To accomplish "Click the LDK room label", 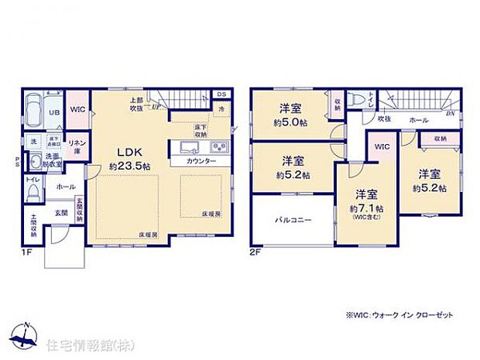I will point(128,153).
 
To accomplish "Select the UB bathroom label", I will point(55,113).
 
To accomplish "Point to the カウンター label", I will point(201,163).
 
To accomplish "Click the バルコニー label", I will point(293,220).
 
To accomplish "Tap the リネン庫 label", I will point(77,146).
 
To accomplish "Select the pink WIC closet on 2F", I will point(382,146).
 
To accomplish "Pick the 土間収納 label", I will point(35,225).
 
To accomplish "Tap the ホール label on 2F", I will point(419,120).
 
